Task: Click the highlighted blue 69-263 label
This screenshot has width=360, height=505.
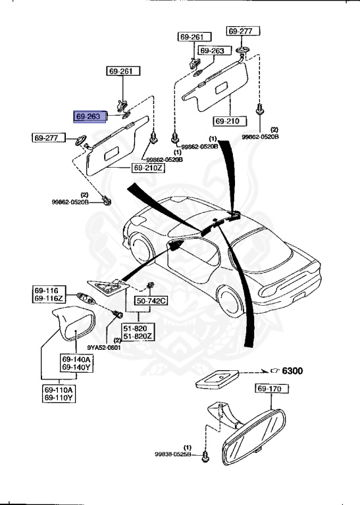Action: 88,116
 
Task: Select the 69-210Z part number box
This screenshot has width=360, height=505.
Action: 149,168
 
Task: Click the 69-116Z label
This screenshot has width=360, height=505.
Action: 48,299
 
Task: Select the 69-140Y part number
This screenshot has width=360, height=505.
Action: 76,368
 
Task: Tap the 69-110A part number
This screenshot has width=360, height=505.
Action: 59,389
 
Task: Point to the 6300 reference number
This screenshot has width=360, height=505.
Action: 292,372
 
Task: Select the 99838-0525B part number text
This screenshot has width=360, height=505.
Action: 173,454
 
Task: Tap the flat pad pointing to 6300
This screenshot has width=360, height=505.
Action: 217,379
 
